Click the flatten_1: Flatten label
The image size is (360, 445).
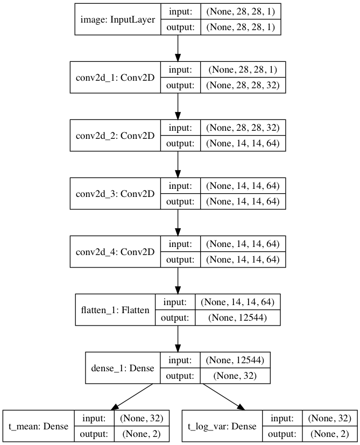115,310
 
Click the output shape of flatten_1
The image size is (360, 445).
236,317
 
